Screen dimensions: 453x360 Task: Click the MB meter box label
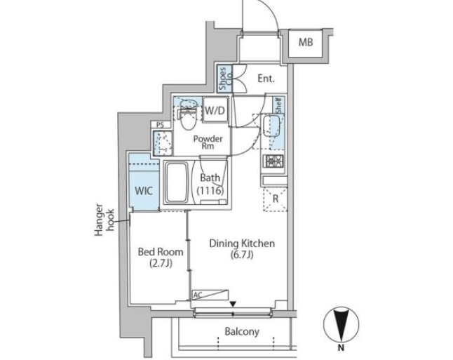(306, 43)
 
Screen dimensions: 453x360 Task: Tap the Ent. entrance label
(266, 79)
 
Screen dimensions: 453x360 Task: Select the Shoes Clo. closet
(225, 79)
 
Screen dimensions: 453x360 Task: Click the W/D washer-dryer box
(215, 110)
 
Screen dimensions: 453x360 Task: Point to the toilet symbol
(187, 115)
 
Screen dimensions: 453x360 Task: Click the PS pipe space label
(160, 125)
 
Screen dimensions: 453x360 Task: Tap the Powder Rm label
(208, 142)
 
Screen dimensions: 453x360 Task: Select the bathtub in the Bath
(175, 182)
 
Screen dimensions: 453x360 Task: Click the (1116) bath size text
(210, 191)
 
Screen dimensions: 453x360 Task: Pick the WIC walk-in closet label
(144, 191)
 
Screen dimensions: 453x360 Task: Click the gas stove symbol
(273, 162)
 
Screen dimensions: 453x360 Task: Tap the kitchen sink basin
(271, 126)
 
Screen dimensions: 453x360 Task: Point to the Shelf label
(279, 105)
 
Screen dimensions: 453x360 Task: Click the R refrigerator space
(275, 199)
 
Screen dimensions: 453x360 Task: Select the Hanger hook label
(104, 220)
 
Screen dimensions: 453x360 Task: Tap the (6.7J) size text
(242, 255)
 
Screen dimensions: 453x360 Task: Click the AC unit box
(210, 295)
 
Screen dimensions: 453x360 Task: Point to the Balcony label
(242, 331)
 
